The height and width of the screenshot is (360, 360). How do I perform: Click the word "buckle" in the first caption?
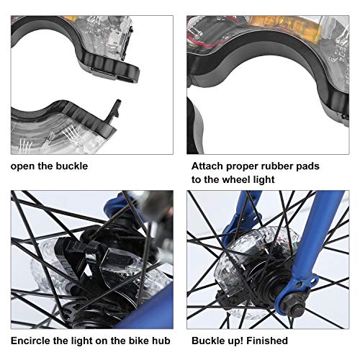[x=72, y=166]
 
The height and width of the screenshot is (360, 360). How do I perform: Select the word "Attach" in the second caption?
[x=207, y=166]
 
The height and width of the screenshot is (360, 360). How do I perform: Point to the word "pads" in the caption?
[x=308, y=166]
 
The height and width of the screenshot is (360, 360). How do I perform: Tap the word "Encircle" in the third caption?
[x=31, y=341]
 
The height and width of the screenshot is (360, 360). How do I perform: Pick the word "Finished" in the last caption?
[x=267, y=341]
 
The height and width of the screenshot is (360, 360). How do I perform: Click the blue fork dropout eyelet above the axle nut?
[x=312, y=279]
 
